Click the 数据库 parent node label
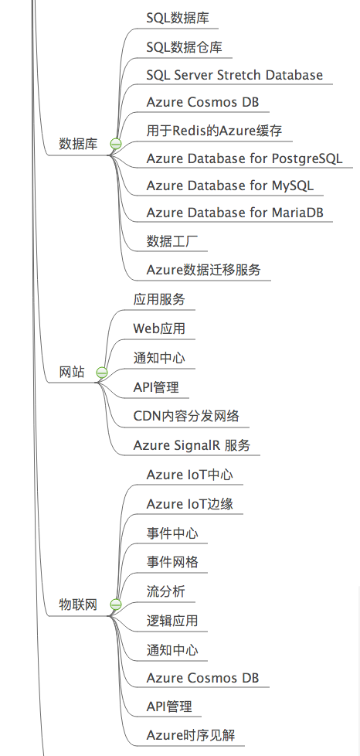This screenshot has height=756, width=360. tap(78, 144)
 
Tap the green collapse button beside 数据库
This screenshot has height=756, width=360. tap(116, 144)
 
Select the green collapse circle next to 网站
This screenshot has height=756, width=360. tap(102, 373)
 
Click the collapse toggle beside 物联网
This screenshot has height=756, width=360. tap(116, 604)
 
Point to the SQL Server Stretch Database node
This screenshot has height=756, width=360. tap(235, 75)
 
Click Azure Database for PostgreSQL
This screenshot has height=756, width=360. tap(244, 158)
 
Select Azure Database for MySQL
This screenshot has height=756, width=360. tap(230, 186)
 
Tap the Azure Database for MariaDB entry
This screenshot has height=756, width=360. tap(235, 213)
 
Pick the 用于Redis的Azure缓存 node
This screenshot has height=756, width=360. tap(214, 131)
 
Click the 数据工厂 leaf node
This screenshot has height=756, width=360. tap(172, 241)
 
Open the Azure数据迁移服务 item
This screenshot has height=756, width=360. tap(203, 270)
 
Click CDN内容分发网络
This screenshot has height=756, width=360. tap(186, 416)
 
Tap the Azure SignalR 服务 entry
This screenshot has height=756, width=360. tap(192, 445)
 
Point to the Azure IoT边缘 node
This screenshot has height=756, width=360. tap(190, 504)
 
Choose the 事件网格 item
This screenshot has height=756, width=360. tap(172, 562)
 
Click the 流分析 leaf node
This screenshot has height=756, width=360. tap(166, 591)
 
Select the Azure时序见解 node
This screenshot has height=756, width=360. tap(191, 735)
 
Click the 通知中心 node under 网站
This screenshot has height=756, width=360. tap(159, 358)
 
